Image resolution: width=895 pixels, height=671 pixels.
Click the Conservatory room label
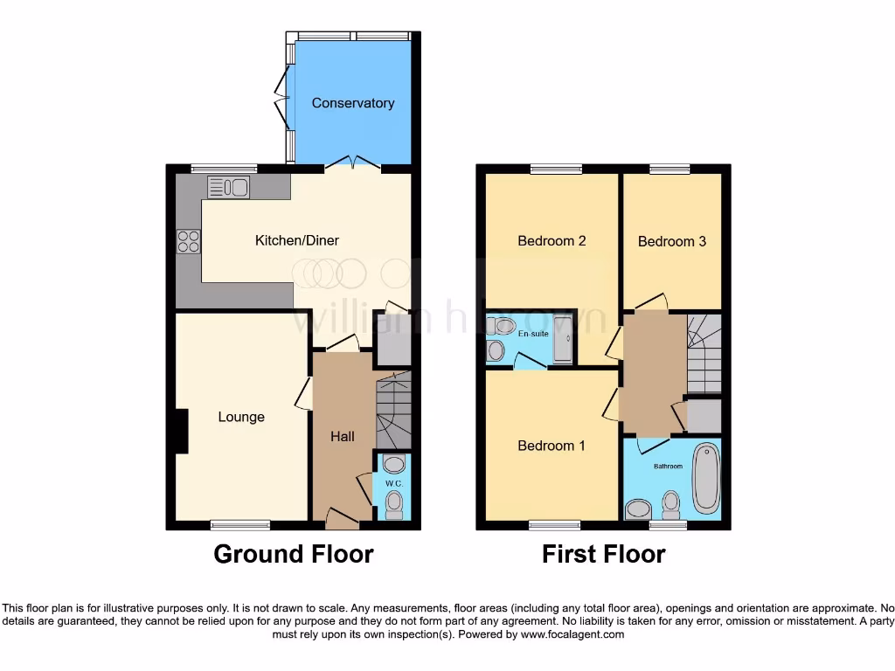(x=353, y=103)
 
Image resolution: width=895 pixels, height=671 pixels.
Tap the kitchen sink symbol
(x=229, y=187)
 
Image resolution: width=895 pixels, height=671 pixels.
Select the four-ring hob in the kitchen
(x=189, y=240)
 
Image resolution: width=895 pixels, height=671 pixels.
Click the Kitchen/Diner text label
(x=296, y=240)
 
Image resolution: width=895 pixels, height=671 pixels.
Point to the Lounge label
(x=241, y=417)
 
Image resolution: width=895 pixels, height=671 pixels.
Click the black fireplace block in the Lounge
(x=181, y=432)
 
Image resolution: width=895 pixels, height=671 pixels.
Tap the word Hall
(x=343, y=436)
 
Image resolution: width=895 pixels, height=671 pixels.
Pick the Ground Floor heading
(x=294, y=554)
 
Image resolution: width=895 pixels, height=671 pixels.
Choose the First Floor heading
(x=603, y=554)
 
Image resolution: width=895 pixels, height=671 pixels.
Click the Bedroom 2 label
(x=552, y=241)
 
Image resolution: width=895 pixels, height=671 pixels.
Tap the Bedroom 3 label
(x=671, y=241)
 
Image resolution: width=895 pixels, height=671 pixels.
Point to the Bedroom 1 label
(x=552, y=446)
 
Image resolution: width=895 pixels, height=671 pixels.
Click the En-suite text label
(x=531, y=334)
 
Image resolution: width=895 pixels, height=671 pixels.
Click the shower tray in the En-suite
(x=564, y=339)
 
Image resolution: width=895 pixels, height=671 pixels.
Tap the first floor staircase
(x=704, y=354)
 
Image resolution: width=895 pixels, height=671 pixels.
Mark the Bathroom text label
(x=668, y=467)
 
